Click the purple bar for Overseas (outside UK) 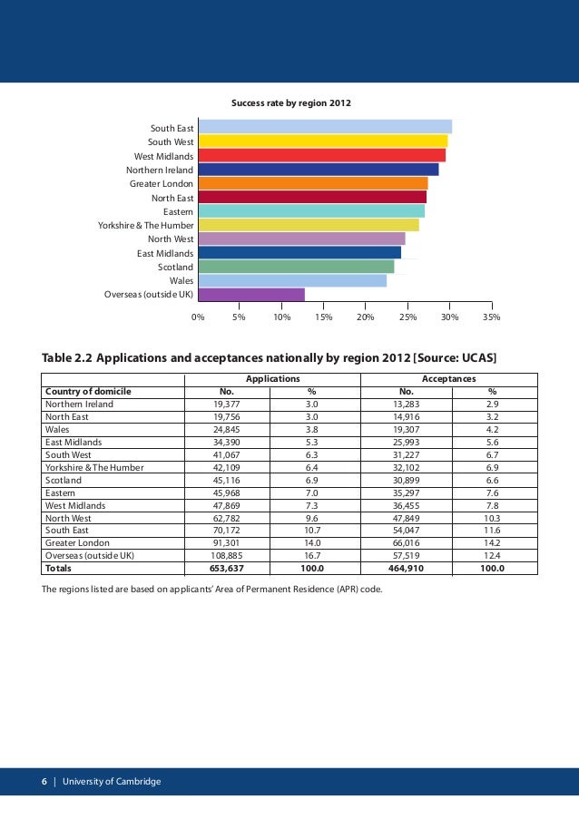pyautogui.click(x=251, y=295)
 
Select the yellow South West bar pyautogui.click(x=322, y=141)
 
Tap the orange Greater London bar pyautogui.click(x=312, y=183)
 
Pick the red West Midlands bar pyautogui.click(x=321, y=155)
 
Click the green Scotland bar pyautogui.click(x=296, y=267)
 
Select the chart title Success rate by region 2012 pyautogui.click(x=290, y=103)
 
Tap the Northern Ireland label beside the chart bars pyautogui.click(x=160, y=170)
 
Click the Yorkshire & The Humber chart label pyautogui.click(x=146, y=225)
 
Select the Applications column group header pyautogui.click(x=272, y=379)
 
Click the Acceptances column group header pyautogui.click(x=449, y=379)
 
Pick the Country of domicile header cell pyautogui.click(x=88, y=392)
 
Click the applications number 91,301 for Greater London pyautogui.click(x=227, y=543)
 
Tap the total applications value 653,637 pyautogui.click(x=227, y=569)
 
